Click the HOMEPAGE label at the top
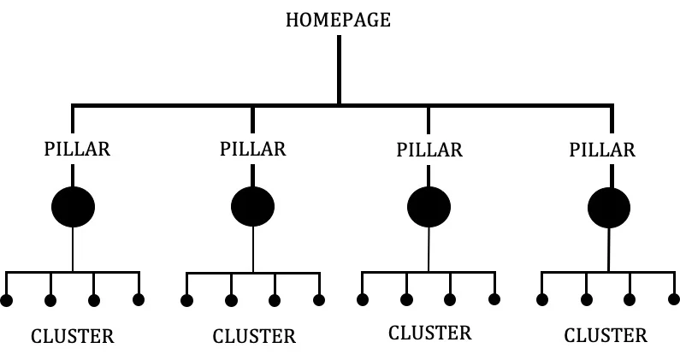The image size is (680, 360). [338, 20]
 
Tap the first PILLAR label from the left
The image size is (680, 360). [76, 149]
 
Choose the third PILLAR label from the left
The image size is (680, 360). [429, 150]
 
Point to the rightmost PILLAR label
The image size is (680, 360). [602, 150]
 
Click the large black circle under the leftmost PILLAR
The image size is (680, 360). [74, 206]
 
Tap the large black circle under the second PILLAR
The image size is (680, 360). [252, 206]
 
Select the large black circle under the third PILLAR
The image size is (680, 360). [429, 207]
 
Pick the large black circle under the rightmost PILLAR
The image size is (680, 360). [609, 207]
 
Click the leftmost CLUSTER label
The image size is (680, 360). [72, 336]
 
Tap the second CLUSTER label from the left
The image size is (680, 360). [254, 337]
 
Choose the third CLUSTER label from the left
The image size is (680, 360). [429, 333]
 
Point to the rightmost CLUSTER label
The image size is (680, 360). [606, 335]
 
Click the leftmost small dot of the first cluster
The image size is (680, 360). [7, 300]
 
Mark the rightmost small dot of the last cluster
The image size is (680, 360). [674, 299]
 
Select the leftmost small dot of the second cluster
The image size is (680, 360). [186, 300]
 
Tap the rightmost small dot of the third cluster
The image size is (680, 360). [494, 298]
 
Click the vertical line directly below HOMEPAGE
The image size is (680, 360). [339, 68]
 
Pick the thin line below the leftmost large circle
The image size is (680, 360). [74, 250]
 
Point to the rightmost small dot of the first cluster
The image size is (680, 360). [139, 299]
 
